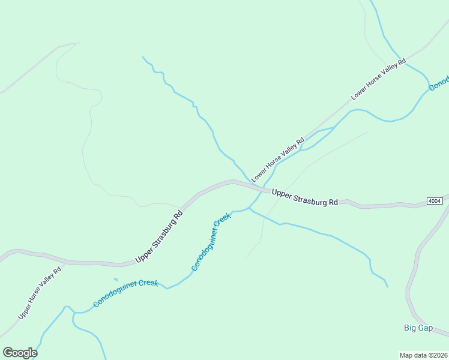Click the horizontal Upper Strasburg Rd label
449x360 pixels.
pyautogui.click(x=304, y=197)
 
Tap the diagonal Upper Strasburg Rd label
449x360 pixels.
pyautogui.click(x=159, y=236)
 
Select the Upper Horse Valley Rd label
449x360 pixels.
pyautogui.click(x=40, y=293)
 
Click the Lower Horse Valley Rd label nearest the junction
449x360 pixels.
pyautogui.click(x=278, y=160)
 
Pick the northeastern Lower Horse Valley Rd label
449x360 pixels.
pyautogui.click(x=379, y=79)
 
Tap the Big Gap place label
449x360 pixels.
pyautogui.click(x=418, y=328)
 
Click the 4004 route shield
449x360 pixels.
pyautogui.click(x=435, y=200)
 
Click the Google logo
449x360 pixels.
pyautogui.click(x=20, y=353)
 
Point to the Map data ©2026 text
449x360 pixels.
pyautogui.click(x=423, y=355)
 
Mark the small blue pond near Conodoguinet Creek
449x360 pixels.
pyautogui.click(x=115, y=279)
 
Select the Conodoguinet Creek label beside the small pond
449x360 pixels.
pyautogui.click(x=125, y=292)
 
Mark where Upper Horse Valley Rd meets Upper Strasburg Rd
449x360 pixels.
pyautogui.click(x=64, y=263)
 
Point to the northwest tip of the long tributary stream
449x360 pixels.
pyautogui.click(x=143, y=57)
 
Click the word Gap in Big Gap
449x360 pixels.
pyautogui.click(x=426, y=328)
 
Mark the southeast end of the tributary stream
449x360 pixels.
pyautogui.click(x=387, y=286)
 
